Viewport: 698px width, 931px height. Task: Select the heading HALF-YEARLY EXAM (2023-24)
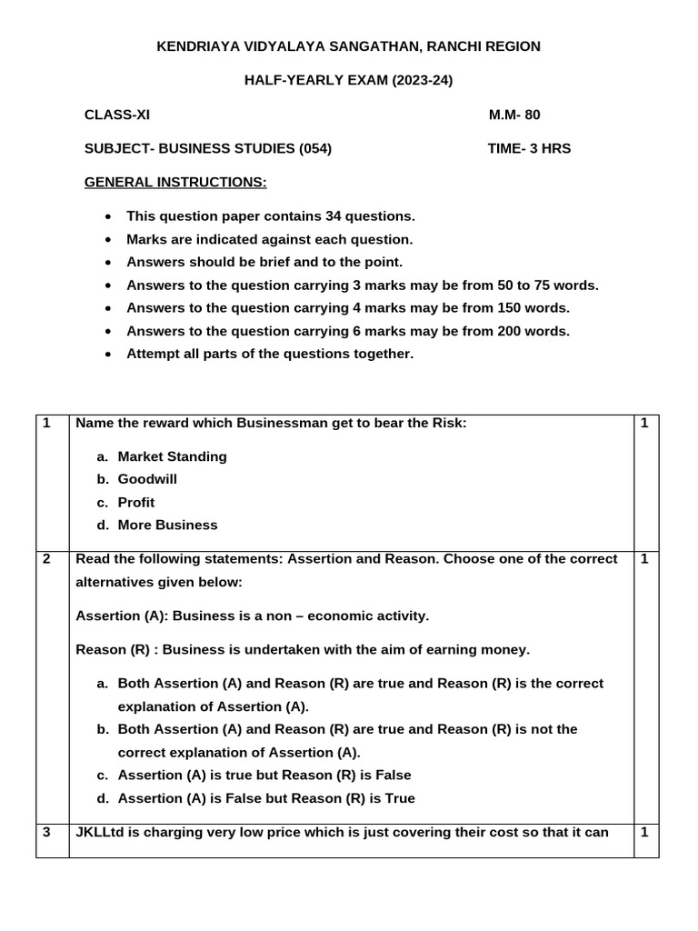coord(349,81)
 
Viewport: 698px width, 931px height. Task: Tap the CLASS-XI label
coord(117,115)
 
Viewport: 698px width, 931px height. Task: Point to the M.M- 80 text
coord(514,115)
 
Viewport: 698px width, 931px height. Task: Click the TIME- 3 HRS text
coord(529,148)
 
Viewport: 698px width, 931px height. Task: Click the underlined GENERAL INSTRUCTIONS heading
coord(175,183)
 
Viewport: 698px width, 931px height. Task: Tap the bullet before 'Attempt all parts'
coord(109,355)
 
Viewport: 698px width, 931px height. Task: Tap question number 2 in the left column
coord(46,559)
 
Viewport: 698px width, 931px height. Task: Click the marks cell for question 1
coord(643,424)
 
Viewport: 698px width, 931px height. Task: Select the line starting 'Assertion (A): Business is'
coord(253,616)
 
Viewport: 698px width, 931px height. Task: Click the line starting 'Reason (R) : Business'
coord(302,650)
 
